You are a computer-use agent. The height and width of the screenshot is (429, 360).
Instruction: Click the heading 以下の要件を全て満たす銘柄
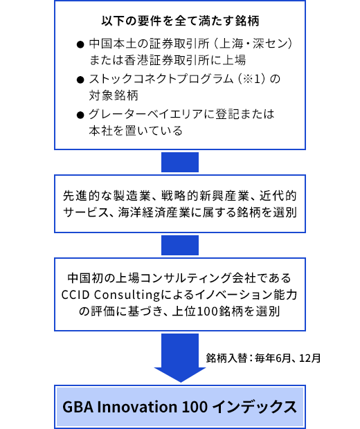coord(180,21)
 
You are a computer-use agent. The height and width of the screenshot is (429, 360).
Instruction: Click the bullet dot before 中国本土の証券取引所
coord(80,44)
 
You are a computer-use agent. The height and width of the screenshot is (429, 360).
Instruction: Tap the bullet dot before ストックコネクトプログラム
coord(80,80)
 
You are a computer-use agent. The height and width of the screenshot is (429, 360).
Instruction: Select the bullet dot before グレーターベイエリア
coord(80,115)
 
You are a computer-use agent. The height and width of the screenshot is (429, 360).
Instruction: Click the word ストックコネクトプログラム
coord(161,79)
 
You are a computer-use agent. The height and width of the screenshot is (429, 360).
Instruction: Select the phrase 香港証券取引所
coord(162,60)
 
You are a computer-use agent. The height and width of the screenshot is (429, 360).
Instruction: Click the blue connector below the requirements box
coord(180,162)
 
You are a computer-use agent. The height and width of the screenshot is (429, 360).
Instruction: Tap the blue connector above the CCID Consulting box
coord(180,245)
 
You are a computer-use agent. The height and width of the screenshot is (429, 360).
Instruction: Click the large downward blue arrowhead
coord(180,374)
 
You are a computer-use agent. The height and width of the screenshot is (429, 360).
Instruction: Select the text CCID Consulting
coord(111,295)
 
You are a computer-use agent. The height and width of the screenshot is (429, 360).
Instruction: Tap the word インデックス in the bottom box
coord(255,407)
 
